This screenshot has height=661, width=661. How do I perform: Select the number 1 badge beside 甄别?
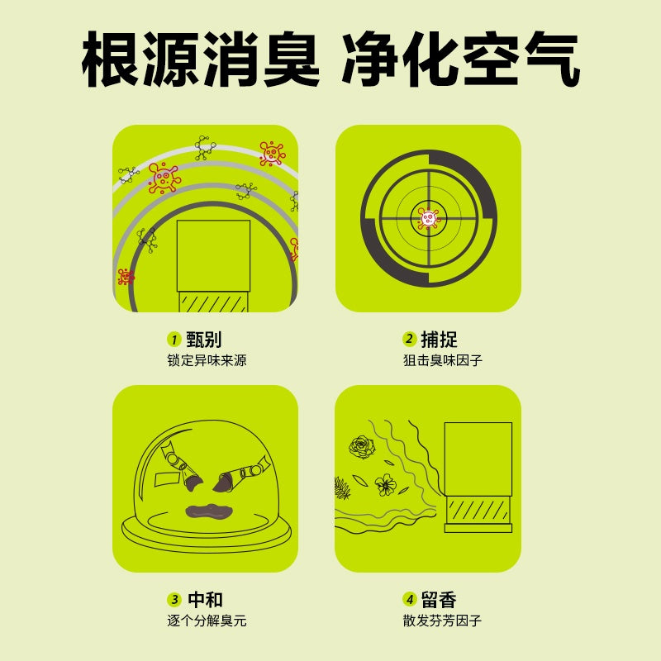[174, 340]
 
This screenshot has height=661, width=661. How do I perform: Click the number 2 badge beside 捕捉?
[409, 340]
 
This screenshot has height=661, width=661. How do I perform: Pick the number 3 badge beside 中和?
[174, 600]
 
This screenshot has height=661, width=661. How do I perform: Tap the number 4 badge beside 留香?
[409, 600]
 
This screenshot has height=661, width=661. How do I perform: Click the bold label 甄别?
[204, 340]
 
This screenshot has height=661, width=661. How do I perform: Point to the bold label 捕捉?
[439, 340]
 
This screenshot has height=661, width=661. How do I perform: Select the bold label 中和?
[205, 600]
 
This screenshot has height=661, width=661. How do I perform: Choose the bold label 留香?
[439, 600]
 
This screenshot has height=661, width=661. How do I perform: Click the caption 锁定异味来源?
[207, 360]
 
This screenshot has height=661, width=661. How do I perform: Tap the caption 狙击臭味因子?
[442, 360]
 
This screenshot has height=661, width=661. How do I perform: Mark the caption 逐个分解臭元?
[207, 621]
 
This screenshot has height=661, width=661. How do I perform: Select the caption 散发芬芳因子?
[442, 621]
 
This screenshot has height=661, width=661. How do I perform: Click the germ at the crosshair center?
[428, 218]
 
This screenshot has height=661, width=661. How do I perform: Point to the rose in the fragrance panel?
[361, 447]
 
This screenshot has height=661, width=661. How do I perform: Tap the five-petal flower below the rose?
[385, 484]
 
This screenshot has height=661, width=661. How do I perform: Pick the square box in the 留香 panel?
[478, 459]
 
